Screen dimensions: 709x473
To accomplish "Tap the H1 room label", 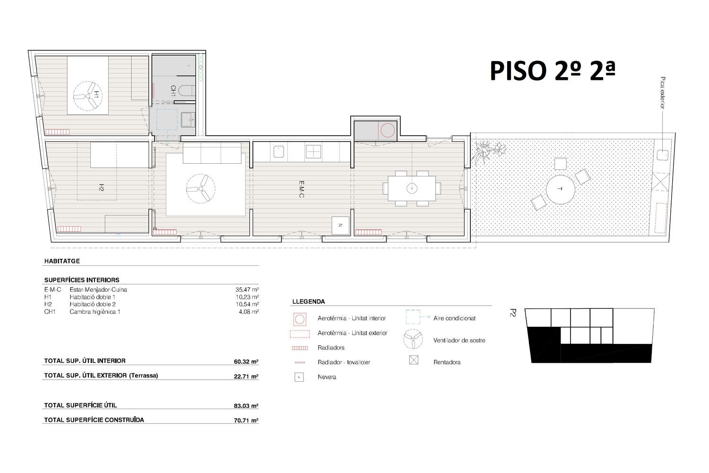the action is (x=96, y=95).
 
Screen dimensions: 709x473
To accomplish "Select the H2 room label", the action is (x=101, y=188).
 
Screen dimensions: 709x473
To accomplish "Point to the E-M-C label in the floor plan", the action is (x=302, y=190).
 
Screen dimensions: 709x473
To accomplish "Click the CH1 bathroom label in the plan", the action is (x=173, y=91).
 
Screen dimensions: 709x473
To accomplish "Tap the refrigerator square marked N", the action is (x=340, y=225).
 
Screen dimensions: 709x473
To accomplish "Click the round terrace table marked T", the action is (x=560, y=190).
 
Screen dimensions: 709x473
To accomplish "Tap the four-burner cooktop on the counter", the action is (x=313, y=151).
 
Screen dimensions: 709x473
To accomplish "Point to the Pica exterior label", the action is (x=663, y=93).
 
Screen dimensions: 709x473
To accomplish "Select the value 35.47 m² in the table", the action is (x=247, y=289).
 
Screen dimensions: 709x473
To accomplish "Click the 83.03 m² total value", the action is (x=246, y=406).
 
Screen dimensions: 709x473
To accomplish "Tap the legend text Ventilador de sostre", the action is (x=459, y=341).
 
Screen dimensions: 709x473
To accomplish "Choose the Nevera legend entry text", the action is (x=327, y=377).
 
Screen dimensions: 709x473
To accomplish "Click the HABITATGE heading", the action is (x=62, y=262).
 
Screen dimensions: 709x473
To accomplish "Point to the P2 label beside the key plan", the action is (x=513, y=313).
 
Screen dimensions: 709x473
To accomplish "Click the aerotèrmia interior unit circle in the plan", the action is (x=388, y=131).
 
